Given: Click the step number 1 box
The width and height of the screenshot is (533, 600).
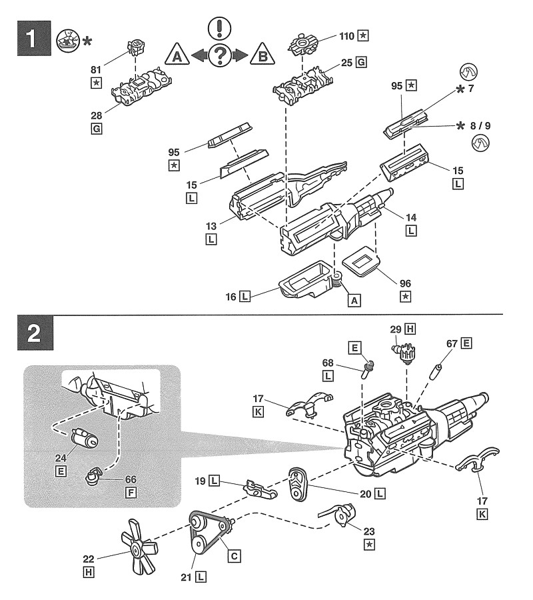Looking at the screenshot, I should [31, 39].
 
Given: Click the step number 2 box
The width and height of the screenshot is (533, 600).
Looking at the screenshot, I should [31, 334].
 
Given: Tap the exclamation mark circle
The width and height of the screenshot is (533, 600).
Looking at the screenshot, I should [219, 27].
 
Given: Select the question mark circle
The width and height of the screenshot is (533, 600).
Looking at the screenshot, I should [219, 56].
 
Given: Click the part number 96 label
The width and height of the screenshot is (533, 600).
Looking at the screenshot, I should [405, 282].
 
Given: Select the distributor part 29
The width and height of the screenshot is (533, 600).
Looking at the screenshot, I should [407, 354].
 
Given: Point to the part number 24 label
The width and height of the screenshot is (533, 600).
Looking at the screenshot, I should [61, 458].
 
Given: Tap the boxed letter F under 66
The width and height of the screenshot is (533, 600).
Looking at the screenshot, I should [131, 494].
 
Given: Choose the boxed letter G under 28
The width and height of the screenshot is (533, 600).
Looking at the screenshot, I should [97, 129].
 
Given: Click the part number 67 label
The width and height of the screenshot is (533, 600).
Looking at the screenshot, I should [452, 343].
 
